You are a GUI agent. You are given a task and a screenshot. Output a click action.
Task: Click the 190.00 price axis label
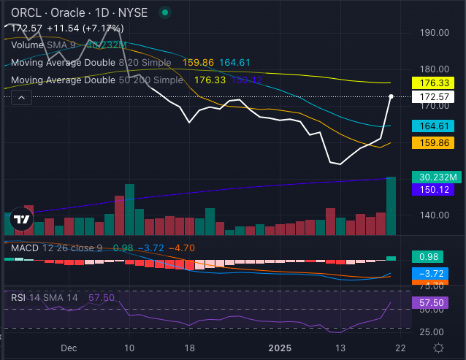[x=434, y=33]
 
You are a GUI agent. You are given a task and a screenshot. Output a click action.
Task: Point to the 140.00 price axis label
[x=434, y=215]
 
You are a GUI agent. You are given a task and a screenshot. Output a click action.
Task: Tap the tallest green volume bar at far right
[x=391, y=205]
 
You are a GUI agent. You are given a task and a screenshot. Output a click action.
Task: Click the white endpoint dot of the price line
[x=392, y=96]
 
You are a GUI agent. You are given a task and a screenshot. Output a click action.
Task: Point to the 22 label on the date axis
[x=394, y=348]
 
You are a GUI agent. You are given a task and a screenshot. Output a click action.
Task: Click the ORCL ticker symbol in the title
[x=20, y=12]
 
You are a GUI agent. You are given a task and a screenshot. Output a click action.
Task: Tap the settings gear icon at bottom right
[x=438, y=348]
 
